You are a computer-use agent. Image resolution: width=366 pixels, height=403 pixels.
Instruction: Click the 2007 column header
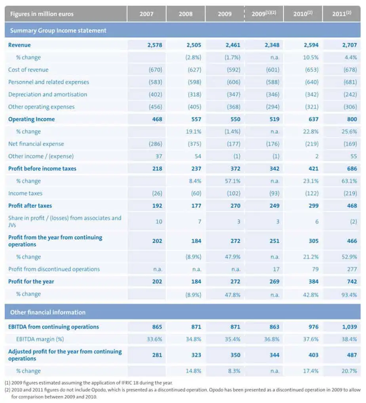146,14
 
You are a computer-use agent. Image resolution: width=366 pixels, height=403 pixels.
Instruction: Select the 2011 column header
341,13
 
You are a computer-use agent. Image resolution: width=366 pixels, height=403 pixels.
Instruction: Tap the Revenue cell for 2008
194,45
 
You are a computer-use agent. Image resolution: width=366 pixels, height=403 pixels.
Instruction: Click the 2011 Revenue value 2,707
349,45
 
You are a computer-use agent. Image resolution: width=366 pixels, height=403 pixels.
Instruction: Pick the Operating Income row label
31,119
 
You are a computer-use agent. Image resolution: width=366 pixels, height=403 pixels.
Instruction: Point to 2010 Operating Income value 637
313,119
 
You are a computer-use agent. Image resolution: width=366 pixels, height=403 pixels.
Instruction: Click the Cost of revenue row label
28,70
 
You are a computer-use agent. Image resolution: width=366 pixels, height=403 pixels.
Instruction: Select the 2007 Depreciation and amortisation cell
155,94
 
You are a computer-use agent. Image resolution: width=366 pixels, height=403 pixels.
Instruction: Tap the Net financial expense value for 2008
194,144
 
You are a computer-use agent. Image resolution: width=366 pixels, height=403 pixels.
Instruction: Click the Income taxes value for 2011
350,193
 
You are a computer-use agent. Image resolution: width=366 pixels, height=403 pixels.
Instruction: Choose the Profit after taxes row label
30,205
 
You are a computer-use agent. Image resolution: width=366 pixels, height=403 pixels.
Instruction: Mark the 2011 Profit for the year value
352,282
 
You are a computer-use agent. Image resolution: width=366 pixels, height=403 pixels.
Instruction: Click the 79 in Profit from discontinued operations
315,269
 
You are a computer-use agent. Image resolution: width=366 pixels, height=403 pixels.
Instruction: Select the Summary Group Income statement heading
58,31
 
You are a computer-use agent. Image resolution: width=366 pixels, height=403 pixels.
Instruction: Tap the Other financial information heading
48,312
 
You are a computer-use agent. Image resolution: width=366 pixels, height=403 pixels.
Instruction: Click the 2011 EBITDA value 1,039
349,327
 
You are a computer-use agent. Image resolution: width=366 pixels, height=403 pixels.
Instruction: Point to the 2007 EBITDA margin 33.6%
154,339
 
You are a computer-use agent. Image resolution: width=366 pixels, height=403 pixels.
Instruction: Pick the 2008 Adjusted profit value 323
196,355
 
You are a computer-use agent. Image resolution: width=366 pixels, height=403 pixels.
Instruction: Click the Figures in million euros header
42,14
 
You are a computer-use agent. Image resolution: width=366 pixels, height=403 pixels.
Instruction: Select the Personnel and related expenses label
48,82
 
